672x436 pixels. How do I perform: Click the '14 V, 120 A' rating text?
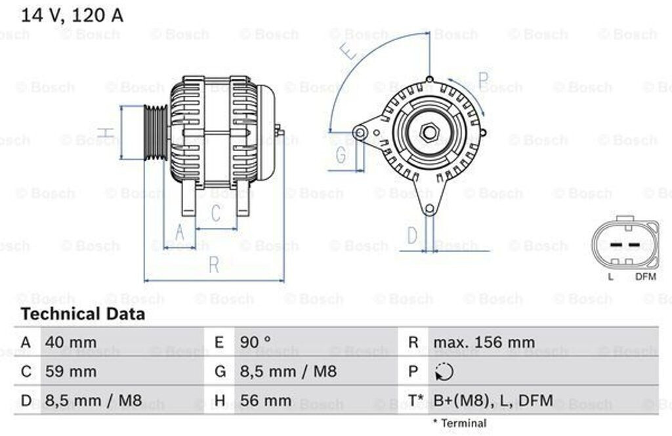72,16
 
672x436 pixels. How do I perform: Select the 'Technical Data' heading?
83,315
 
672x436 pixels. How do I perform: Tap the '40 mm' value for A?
71,342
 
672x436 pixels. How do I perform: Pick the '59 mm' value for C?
71,372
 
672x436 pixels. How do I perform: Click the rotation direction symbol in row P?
444,372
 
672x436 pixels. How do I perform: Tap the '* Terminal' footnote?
459,424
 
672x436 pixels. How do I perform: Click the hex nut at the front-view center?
430,132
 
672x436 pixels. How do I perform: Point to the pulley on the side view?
156,132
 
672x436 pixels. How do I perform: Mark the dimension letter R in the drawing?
214,265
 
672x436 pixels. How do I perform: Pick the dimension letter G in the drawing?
341,155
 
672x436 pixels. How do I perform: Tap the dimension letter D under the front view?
411,234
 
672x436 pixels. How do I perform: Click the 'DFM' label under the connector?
646,276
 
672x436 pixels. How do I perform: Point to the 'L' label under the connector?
610,276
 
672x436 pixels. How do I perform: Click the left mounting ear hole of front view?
360,133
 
